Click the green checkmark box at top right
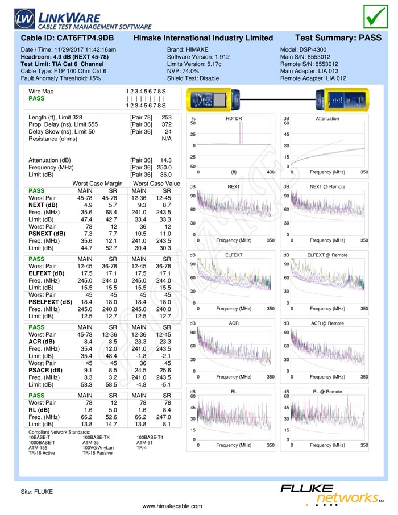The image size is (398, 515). point(376,16)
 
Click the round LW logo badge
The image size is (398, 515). point(24,19)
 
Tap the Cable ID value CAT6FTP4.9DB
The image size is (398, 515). point(85,38)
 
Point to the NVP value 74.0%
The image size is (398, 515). point(190,71)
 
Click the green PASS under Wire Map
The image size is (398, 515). point(36,98)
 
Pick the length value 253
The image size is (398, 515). point(167,117)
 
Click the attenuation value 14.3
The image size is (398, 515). point(166,160)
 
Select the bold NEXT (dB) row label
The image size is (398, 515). point(43,205)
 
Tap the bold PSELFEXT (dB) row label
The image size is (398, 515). point(50,302)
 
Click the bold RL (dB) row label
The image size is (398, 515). point(39,410)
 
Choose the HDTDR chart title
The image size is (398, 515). point(234,119)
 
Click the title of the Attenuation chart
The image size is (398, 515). point(327,119)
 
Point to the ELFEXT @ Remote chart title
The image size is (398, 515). point(327,255)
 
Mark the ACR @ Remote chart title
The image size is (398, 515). point(327,323)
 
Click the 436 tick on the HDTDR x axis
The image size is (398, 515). point(271,172)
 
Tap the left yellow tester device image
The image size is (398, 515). point(213,99)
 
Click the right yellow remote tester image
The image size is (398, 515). point(342,99)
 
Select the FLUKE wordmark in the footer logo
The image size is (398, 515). point(307,488)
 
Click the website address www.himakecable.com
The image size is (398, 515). point(172,506)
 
